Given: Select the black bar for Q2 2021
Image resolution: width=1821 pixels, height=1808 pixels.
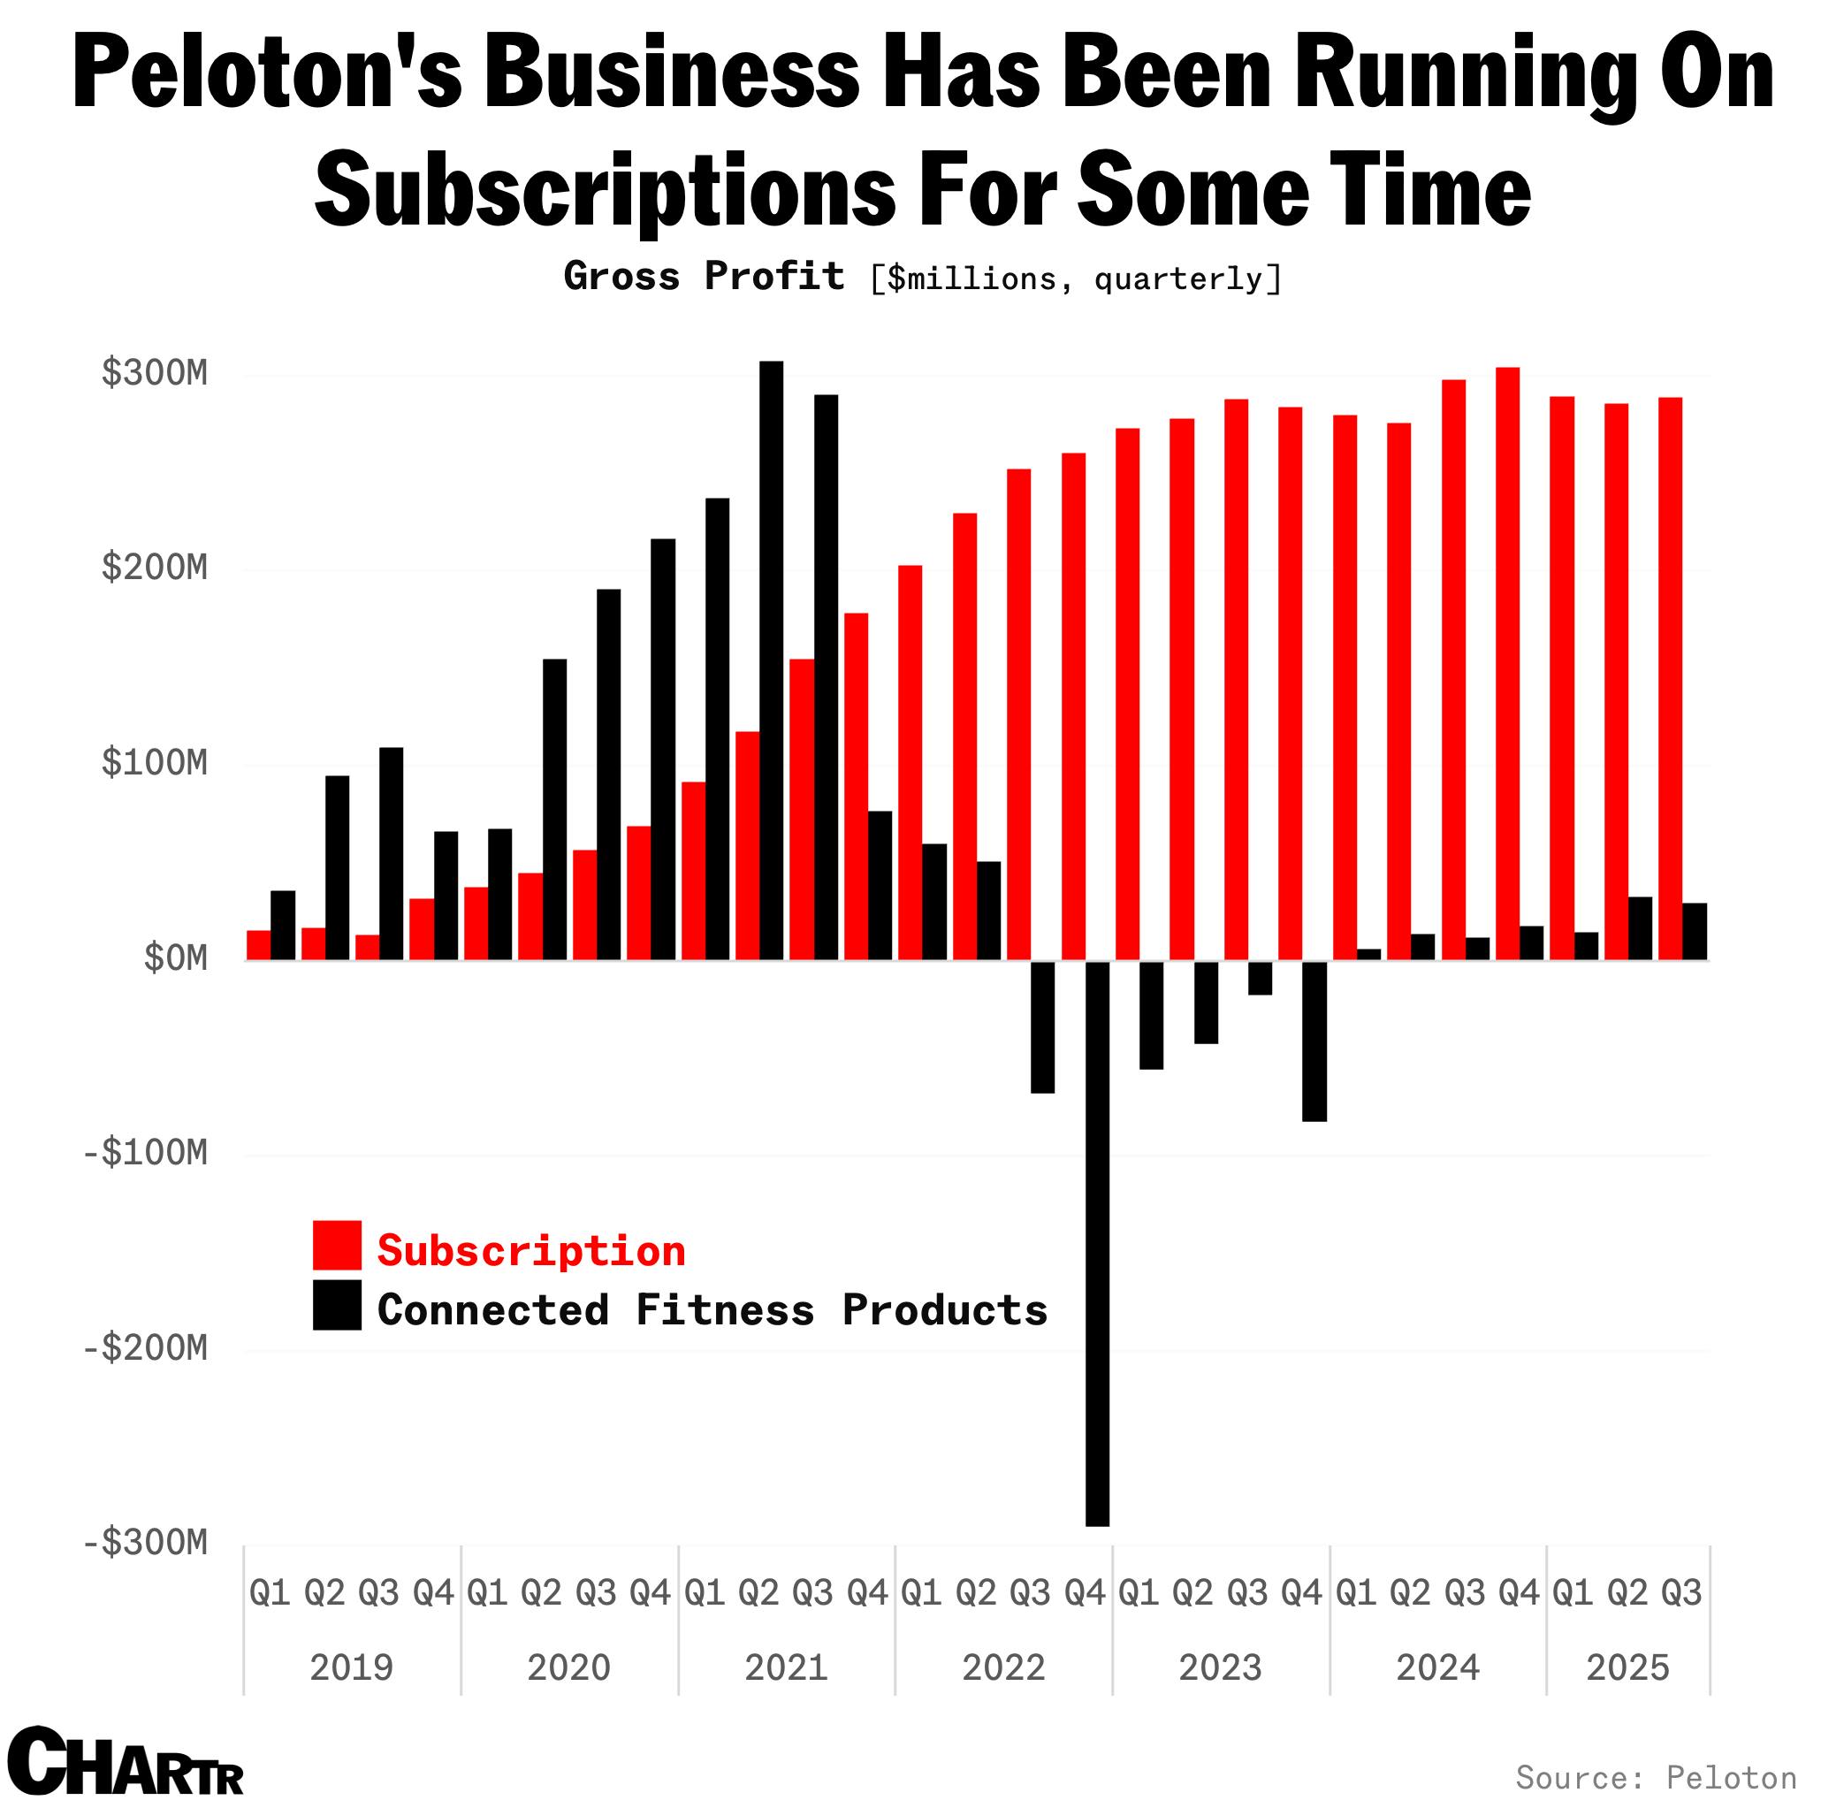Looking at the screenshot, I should [x=771, y=660].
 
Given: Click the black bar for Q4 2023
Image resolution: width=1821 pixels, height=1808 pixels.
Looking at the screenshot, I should [x=1314, y=1041].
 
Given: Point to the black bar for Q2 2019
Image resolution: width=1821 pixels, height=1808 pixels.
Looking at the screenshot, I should [x=338, y=867].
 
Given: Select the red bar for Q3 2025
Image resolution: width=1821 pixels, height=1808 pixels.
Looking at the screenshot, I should [x=1670, y=678].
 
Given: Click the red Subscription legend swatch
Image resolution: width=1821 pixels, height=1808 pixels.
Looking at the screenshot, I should [x=337, y=1245].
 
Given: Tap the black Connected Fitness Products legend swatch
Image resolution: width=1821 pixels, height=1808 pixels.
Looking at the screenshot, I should [x=337, y=1306].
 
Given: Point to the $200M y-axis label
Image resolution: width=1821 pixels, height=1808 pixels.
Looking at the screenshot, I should [x=155, y=568].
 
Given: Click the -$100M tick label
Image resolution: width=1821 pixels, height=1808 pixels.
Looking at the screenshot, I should [x=145, y=1153].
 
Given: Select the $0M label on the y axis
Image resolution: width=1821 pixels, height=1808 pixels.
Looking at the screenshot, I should [x=175, y=957].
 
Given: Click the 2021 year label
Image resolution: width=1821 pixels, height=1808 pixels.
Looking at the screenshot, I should [x=786, y=1667].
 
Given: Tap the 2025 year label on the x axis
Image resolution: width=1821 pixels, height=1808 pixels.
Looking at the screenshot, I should [x=1627, y=1667].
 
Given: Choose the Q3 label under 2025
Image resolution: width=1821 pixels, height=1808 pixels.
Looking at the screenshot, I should [x=1681, y=1593].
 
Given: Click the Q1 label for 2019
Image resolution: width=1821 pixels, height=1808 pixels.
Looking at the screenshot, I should [x=270, y=1593].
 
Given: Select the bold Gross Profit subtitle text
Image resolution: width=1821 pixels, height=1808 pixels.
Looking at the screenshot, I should [x=703, y=276].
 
